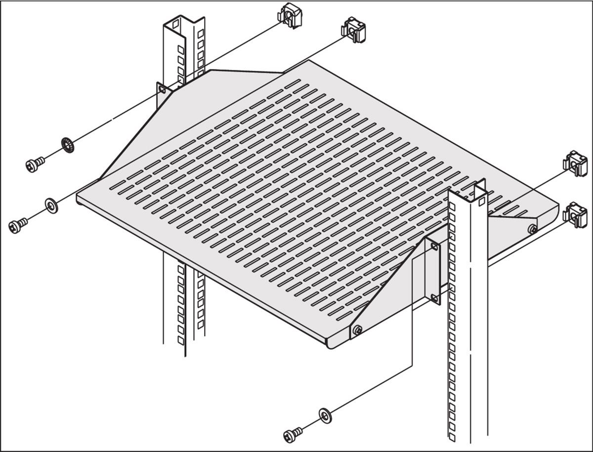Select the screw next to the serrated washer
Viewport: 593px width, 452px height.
35,164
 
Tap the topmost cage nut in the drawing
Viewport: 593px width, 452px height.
290,15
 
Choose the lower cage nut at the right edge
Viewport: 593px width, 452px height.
576,215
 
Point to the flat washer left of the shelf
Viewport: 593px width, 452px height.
51,205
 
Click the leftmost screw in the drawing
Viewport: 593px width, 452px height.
18,226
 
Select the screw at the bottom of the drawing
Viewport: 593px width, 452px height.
293,435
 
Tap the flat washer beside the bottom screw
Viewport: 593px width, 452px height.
325,415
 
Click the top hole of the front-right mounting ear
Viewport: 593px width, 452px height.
434,246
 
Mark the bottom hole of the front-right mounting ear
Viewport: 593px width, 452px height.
434,297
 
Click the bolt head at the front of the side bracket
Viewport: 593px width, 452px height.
357,329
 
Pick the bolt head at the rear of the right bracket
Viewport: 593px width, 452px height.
532,229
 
